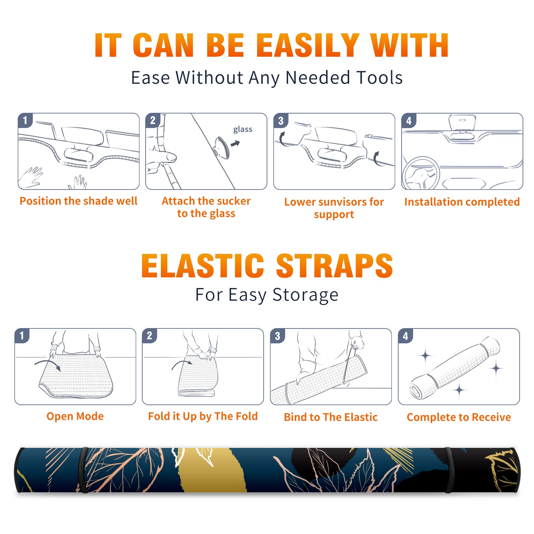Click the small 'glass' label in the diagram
click(x=243, y=129)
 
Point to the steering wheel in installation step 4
click(x=421, y=173)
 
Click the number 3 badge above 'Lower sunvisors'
click(x=281, y=120)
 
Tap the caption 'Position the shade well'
click(x=78, y=201)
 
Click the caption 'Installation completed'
click(x=462, y=202)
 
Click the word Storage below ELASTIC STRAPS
click(x=305, y=295)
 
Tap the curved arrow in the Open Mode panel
click(x=48, y=364)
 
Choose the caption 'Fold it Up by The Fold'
click(x=203, y=416)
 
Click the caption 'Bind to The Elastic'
click(x=331, y=417)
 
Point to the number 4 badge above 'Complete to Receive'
click(x=406, y=336)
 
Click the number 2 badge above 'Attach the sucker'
click(x=153, y=120)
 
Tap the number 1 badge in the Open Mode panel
click(x=22, y=336)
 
